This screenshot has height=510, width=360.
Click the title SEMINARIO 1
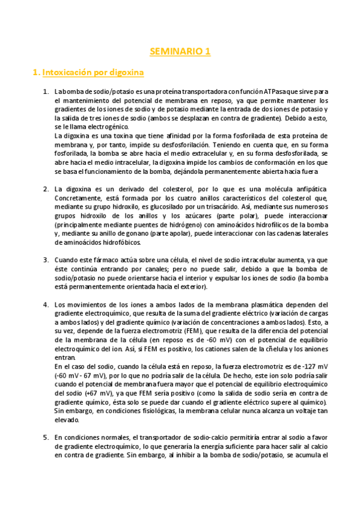coord(180,52)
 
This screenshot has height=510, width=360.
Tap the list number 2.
coord(46,188)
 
